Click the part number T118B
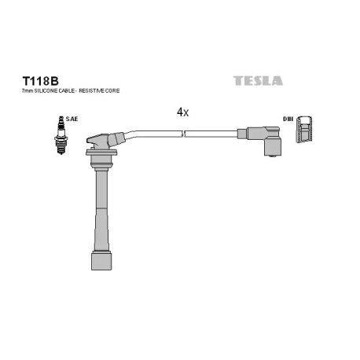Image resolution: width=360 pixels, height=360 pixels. point(40,81)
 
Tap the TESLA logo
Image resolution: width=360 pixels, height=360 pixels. point(258,81)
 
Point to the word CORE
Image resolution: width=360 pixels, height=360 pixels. point(113,91)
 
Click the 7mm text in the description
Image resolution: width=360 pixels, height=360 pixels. point(27,91)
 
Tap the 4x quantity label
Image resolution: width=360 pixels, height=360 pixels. point(182,112)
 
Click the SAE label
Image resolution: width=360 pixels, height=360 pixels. point(72,119)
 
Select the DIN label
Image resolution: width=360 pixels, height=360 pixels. point(288,119)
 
